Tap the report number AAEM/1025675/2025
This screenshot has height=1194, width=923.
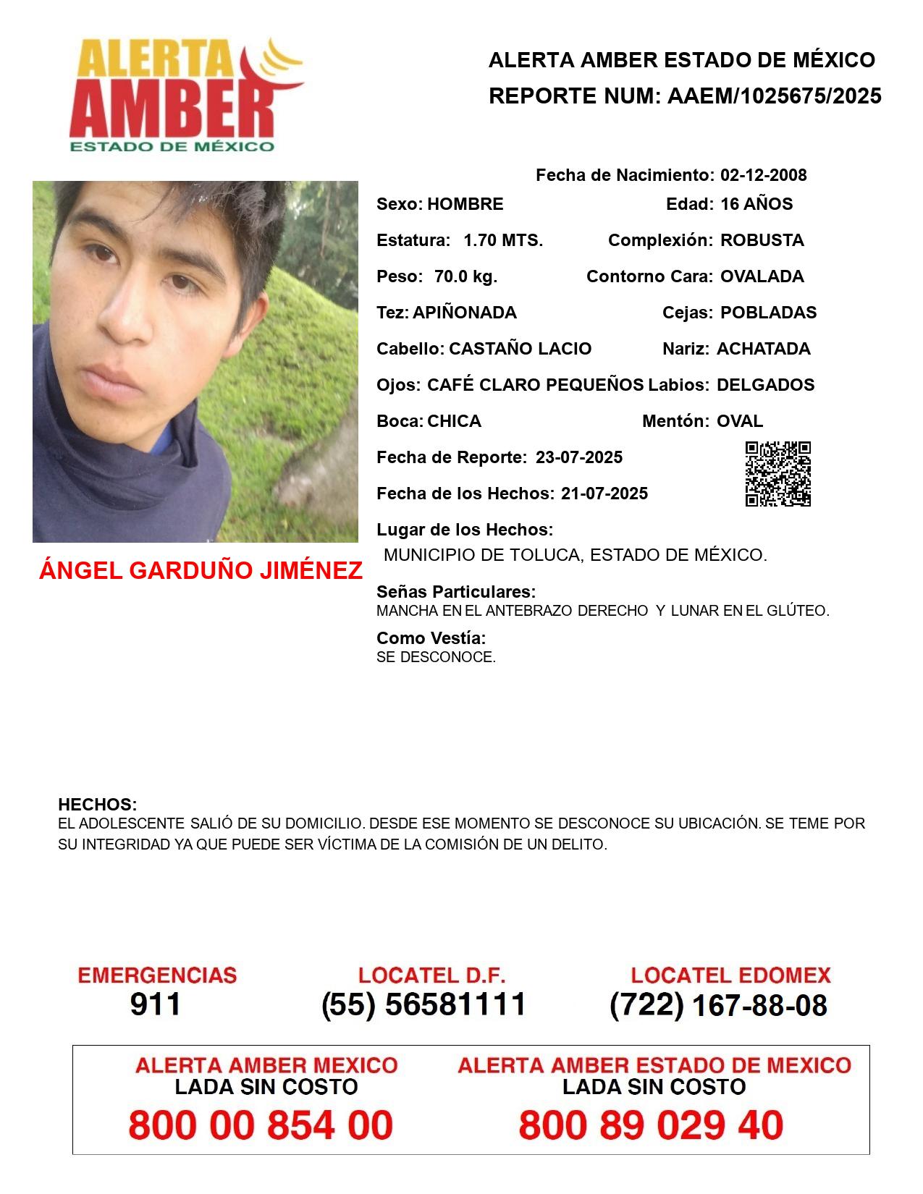pos(774,96)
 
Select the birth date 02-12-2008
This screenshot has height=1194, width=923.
pos(763,175)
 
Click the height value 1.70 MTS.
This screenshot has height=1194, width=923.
pos(503,240)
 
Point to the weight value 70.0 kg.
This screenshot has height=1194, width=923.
pos(465,276)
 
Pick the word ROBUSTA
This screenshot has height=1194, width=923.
pos(762,240)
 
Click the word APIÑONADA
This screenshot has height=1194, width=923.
pos(464,313)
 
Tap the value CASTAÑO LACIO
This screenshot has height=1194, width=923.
pos(520,349)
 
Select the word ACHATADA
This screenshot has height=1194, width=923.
pos(763,349)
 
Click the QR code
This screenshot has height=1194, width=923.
pos(778,474)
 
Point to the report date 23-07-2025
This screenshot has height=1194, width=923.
pos(579,457)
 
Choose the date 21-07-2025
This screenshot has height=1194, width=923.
pos(604,494)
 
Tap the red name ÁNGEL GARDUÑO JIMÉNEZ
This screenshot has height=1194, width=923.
pos(201,571)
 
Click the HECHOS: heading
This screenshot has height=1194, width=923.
pos(97,805)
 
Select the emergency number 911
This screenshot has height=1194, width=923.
pos(156,1004)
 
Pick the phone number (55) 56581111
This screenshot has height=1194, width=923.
pos(423,1004)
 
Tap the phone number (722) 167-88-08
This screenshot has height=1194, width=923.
pos(718,1005)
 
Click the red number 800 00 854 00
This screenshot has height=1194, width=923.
pos(261,1125)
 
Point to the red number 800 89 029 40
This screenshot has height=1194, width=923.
pos(651,1125)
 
